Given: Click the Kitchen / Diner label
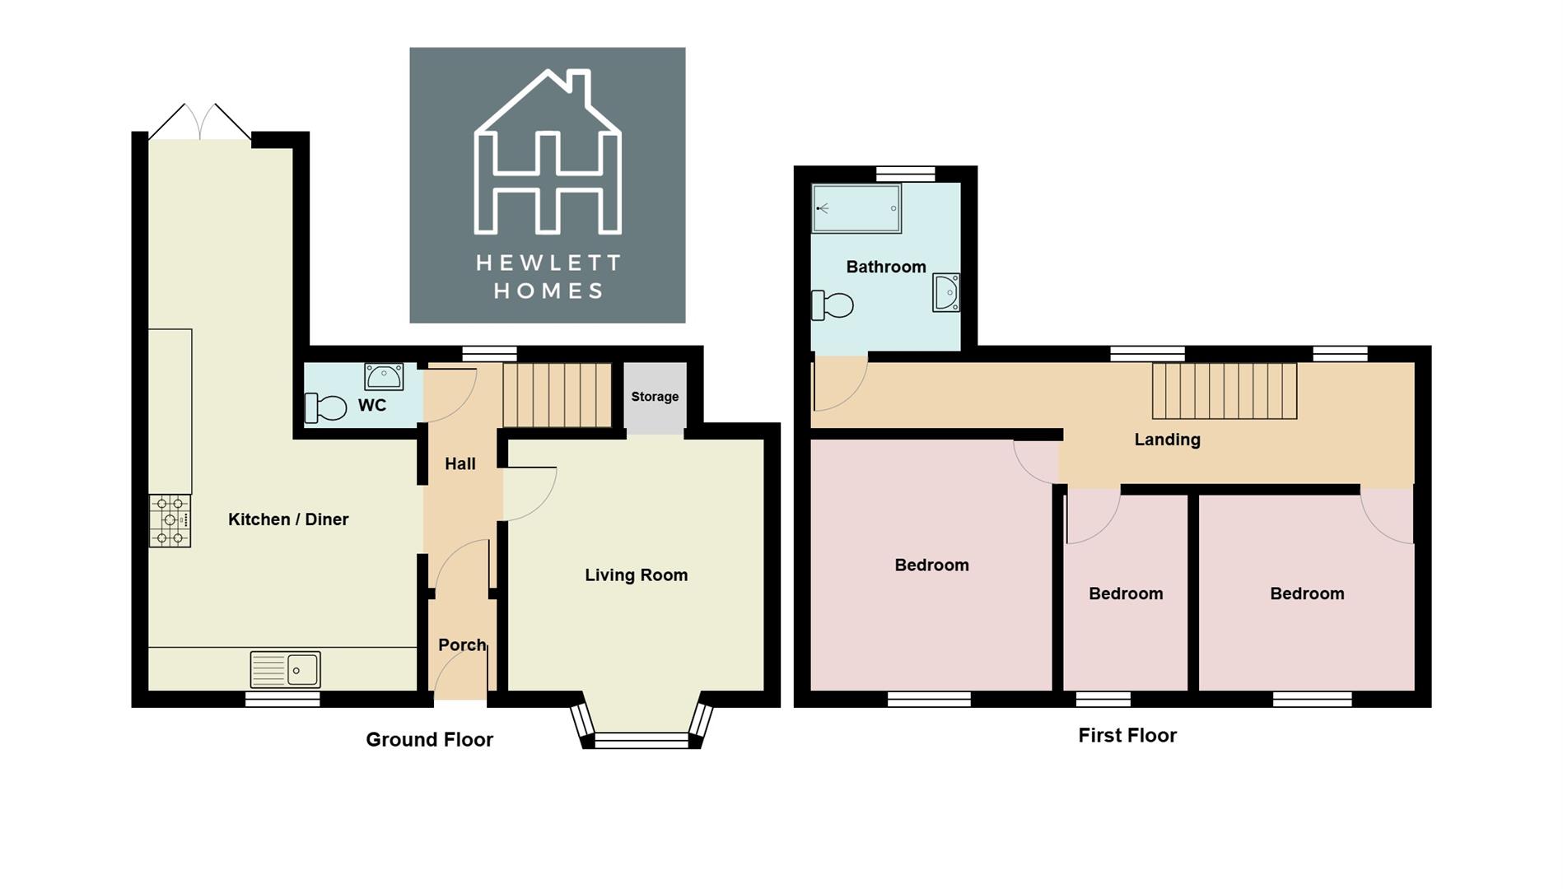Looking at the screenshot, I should tap(287, 519).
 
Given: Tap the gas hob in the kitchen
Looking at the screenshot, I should tap(170, 520).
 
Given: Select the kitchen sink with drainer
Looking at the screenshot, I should tap(286, 669).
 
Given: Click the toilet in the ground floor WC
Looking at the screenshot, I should tap(325, 407).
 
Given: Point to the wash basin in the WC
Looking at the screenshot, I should tap(384, 377).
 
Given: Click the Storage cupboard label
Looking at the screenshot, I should tap(655, 397).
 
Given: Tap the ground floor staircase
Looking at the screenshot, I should tap(557, 395).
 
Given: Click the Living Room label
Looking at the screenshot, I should tap(636, 575).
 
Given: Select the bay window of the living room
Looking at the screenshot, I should tap(641, 738).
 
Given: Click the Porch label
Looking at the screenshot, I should tap(461, 645).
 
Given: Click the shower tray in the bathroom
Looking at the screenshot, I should tap(856, 208).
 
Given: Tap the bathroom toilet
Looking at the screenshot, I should tap(832, 305).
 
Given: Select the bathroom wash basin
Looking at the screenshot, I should tap(946, 293).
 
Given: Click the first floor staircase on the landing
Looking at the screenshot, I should tap(1224, 391).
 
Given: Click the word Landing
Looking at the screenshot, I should tap(1167, 440).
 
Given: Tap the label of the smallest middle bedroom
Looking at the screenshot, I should tap(1126, 593).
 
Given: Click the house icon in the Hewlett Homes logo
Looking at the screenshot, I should tap(548, 152).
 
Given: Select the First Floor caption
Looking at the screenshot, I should tap(1127, 735).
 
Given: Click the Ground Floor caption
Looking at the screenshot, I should tap(429, 739).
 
